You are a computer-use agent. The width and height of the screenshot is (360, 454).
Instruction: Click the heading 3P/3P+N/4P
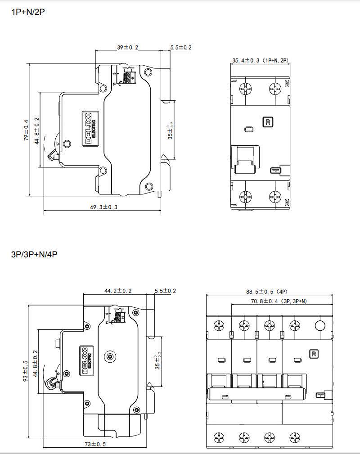34,254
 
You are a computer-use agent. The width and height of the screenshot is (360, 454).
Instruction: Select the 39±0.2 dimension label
128,47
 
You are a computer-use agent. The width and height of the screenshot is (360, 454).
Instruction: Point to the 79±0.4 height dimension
26,130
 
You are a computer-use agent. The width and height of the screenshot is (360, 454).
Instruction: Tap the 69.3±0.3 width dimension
104,207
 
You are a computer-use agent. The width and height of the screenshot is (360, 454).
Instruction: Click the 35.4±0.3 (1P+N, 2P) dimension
259,60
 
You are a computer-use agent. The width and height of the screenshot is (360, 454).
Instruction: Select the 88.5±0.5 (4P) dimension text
270,291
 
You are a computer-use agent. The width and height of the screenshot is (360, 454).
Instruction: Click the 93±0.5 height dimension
26,371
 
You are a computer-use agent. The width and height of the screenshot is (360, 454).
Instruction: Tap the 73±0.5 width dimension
96,444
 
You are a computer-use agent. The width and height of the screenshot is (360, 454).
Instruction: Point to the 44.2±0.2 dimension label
118,291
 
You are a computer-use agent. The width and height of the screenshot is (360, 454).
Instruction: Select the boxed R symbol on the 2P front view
268,121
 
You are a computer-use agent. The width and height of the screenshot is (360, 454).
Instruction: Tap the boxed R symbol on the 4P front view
314,354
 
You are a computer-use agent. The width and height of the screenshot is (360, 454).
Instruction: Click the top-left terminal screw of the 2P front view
246,89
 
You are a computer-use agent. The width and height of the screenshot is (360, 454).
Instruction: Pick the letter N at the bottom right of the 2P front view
287,202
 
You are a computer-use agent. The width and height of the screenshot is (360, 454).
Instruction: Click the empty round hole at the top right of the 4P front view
320,326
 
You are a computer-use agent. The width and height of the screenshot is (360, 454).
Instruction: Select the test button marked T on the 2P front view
274,171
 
